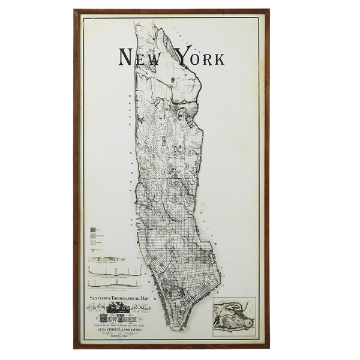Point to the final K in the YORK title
coord(217,58)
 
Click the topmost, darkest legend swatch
coord(93,230)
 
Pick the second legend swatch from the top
coord(93,236)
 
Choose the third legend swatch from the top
coord(93,242)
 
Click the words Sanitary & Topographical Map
coord(118,298)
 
